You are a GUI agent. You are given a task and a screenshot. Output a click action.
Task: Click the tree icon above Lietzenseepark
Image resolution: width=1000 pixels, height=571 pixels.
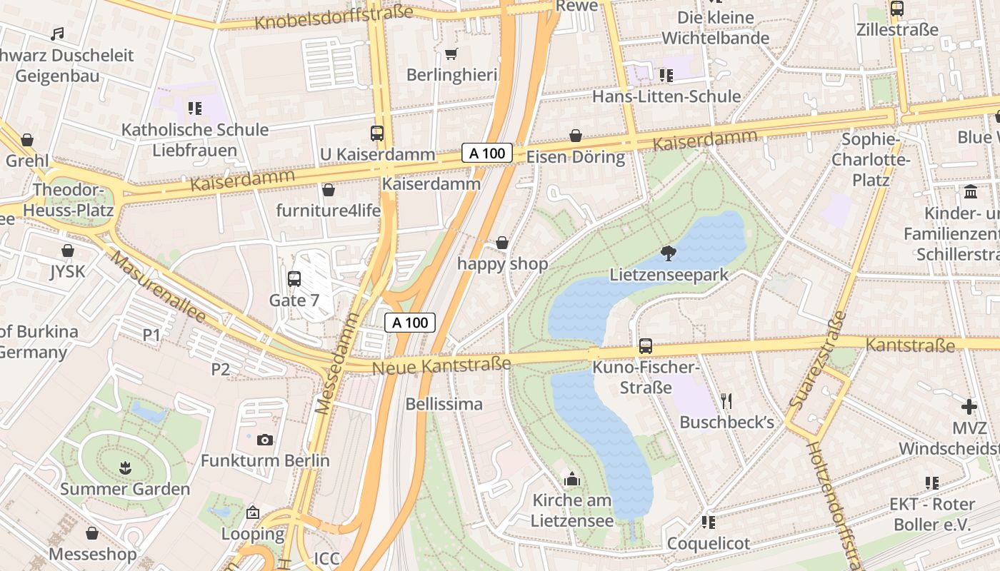click(669, 253)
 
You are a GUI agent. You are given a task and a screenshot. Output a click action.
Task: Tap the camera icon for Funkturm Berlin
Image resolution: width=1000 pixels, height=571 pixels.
click(265, 440)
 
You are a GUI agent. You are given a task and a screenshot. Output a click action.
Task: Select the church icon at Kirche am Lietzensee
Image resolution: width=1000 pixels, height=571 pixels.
click(571, 479)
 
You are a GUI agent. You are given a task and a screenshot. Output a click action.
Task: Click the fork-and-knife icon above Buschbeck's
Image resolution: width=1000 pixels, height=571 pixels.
click(726, 400)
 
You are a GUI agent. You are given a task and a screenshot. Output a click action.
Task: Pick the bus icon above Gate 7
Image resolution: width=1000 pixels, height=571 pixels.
click(294, 279)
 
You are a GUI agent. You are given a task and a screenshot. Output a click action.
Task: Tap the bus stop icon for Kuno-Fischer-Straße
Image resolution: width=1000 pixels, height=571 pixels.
click(646, 346)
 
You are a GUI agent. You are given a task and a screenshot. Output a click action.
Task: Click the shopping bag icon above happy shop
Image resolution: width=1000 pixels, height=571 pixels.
click(502, 243)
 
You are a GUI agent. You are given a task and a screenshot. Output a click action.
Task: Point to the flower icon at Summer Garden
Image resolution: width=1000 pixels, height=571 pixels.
click(125, 468)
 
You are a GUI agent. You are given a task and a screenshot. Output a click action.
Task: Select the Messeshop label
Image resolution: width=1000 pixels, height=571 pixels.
click(92, 554)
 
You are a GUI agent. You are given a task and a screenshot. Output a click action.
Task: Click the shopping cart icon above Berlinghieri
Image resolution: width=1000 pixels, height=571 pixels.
click(451, 54)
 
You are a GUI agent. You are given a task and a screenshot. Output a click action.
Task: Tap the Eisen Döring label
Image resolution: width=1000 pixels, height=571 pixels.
click(576, 156)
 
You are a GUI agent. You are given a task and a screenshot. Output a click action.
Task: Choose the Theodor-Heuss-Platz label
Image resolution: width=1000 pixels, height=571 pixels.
click(69, 201)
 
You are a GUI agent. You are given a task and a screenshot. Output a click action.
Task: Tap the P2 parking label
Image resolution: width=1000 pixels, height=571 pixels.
click(220, 369)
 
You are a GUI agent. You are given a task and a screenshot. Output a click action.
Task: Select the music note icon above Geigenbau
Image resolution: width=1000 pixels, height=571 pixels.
click(58, 34)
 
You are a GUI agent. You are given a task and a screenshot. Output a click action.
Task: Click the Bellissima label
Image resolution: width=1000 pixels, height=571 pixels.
click(444, 404)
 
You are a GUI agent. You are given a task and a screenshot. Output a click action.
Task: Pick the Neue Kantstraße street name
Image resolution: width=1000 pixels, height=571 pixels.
click(441, 365)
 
